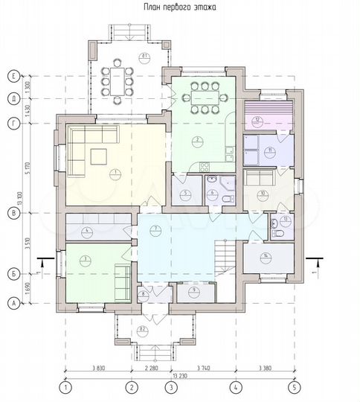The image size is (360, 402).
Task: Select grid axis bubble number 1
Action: pos(65,387)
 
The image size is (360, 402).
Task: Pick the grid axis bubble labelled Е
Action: pos(13,75)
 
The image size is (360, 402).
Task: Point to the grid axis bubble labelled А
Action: pos(13,303)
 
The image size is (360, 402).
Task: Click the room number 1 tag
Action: pos(115,172)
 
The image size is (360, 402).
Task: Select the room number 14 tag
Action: pos(265,256)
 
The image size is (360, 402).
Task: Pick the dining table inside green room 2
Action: pos(202,98)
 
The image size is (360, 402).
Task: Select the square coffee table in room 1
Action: pos(98,156)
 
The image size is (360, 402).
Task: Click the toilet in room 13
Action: pos(279,233)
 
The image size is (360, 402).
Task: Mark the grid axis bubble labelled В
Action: pos(13,212)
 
